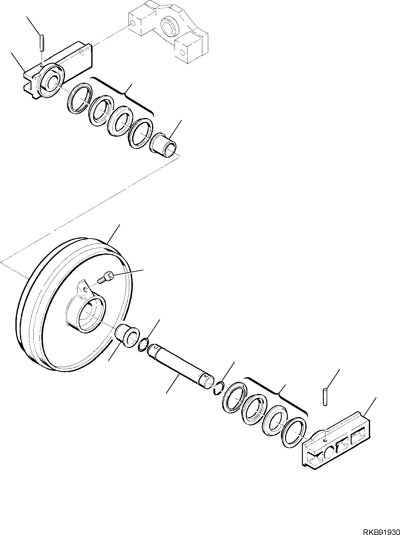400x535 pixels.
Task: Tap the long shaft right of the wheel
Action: (x=179, y=364)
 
